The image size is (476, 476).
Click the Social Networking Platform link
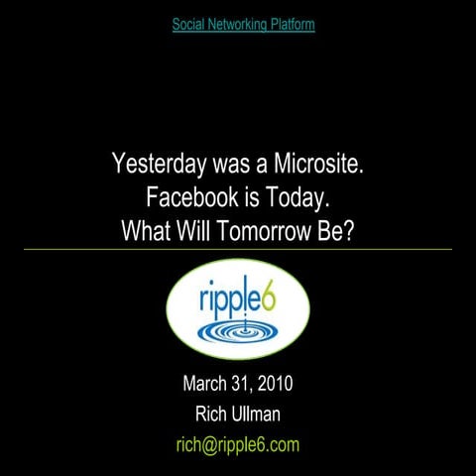click(x=243, y=24)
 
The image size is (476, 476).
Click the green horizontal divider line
click(x=238, y=250)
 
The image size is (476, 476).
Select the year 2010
click(x=278, y=384)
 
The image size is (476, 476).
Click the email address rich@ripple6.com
click(x=237, y=444)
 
